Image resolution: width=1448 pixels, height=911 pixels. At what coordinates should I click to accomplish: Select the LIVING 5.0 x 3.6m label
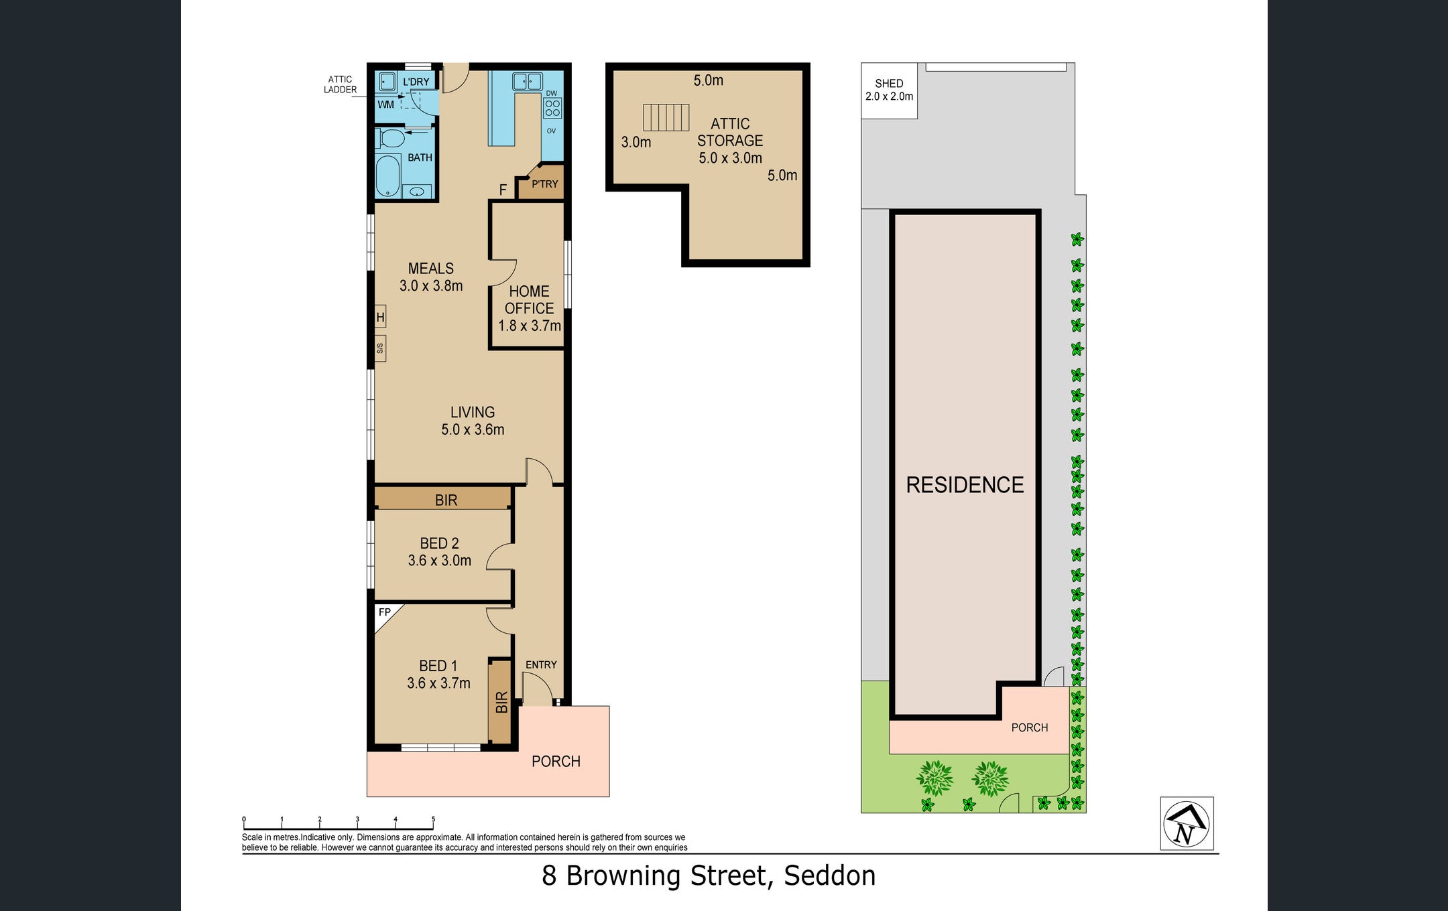pos(473,421)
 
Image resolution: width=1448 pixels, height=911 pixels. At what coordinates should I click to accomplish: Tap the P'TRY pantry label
pos(544,184)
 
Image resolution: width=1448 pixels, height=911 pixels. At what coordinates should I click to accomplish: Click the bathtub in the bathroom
pos(387,176)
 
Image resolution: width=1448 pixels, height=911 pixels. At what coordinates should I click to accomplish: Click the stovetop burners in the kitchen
pos(552,108)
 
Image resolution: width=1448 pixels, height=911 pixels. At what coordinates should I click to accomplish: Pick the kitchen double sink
pos(528,82)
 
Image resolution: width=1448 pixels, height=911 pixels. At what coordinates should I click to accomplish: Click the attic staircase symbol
pos(666,117)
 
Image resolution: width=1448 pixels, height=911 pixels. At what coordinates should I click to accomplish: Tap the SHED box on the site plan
pos(889,90)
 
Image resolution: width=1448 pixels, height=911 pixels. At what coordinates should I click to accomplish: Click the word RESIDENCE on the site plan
pos(965,485)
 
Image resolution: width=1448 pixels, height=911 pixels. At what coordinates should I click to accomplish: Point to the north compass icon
pos(1187,823)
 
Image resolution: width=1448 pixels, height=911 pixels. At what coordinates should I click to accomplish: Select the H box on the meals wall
pos(380,317)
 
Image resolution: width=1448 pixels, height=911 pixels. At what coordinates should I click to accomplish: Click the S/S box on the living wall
pos(380,348)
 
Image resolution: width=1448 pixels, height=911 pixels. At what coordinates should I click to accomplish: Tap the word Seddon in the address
pos(830,875)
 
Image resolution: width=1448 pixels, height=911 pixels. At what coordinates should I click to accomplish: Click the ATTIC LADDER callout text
pos(341,84)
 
